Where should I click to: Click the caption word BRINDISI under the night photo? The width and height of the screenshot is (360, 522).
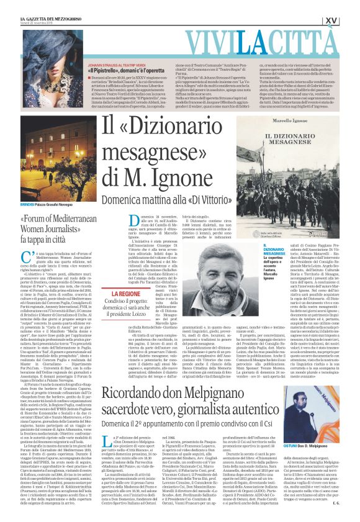click(45, 202)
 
